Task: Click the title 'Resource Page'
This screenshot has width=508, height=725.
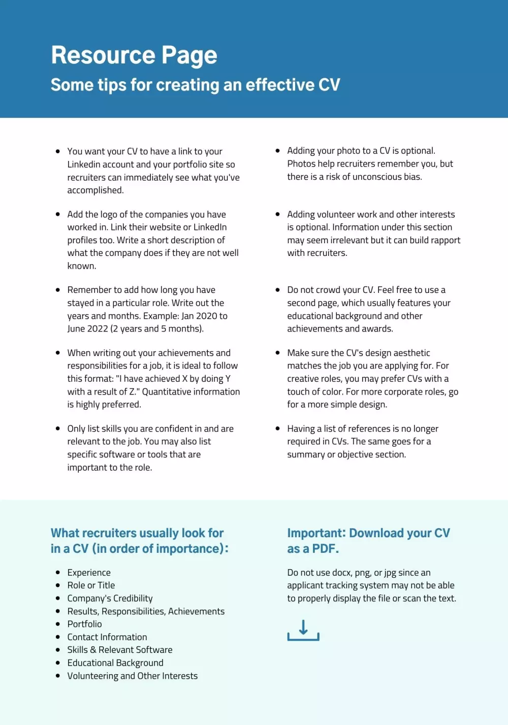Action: (x=134, y=55)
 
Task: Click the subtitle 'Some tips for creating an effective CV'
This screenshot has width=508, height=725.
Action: (x=195, y=85)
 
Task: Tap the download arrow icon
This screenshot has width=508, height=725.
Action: (x=303, y=630)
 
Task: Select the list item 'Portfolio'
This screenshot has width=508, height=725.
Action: (x=84, y=624)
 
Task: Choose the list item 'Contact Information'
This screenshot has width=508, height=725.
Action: (x=107, y=637)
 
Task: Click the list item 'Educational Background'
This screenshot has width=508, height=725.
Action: (x=115, y=663)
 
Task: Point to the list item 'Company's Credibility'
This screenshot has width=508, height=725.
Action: (x=110, y=599)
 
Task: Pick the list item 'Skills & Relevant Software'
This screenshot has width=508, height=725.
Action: (x=120, y=650)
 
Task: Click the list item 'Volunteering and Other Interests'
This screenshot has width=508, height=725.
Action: (x=133, y=676)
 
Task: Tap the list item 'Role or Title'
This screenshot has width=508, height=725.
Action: (x=91, y=585)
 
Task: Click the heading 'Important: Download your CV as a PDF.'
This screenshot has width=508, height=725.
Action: (x=368, y=541)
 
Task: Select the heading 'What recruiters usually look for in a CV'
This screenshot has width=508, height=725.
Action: (x=139, y=541)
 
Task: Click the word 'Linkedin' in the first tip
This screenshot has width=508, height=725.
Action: (x=84, y=164)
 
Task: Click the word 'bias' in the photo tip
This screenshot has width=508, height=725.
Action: (x=411, y=177)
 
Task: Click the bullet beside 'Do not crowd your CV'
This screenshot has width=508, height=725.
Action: (x=277, y=290)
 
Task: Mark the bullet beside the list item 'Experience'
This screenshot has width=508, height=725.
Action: (x=58, y=572)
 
